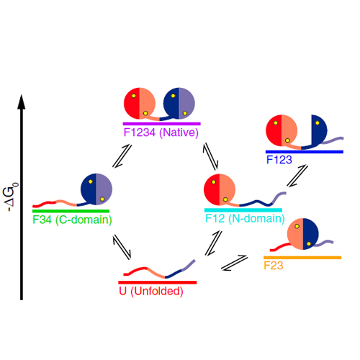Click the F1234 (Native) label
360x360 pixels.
pos(161,132)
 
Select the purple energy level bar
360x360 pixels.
pos(162,124)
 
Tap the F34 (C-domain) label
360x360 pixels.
pos(72,220)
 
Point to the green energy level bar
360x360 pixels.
pos(71,211)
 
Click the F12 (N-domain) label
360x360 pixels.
pos(245,219)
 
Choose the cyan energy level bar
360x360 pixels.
pos(243,210)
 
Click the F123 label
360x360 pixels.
pos(279,160)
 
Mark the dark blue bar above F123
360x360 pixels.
pos(305,152)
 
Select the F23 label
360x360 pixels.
pos(274,266)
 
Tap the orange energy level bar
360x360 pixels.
pos(302,258)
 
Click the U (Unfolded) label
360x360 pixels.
pos(151,292)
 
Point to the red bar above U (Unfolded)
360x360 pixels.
pos(158,282)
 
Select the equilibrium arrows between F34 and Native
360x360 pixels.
pos(122,156)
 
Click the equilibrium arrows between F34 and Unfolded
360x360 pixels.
pos(122,247)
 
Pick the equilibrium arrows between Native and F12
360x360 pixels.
pos(210,156)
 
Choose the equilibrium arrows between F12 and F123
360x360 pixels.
pos(297,176)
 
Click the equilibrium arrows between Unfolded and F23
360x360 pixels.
pos(234,263)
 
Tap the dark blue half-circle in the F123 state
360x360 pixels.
pos(319,130)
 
